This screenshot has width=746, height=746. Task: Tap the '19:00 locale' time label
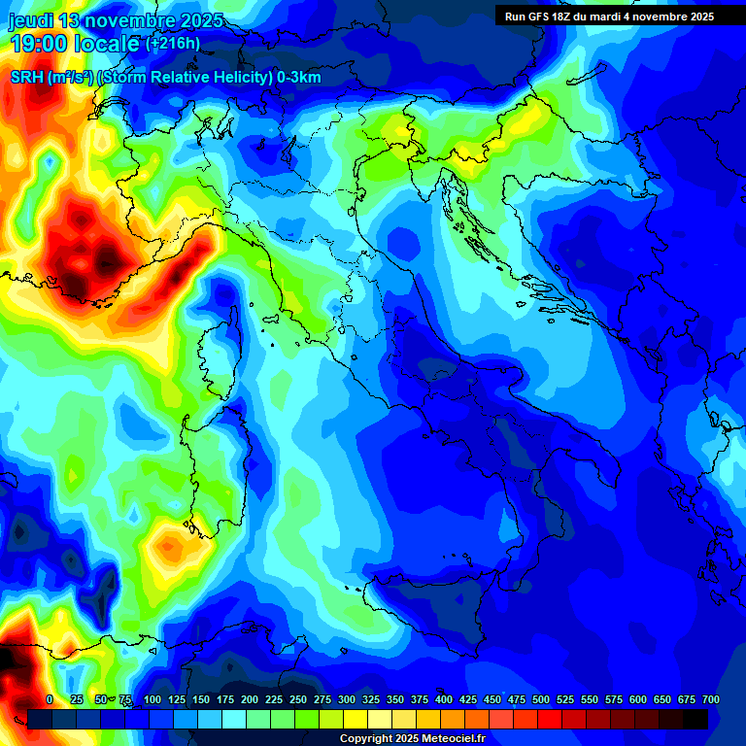pos(74,44)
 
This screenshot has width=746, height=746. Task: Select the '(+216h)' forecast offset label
pos(173,44)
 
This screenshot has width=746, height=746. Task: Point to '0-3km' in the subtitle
pos(299,78)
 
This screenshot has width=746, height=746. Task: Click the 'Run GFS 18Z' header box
pos(609,17)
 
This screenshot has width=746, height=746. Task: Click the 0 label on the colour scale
pos(50,699)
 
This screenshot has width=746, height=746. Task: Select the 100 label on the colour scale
pos(153,699)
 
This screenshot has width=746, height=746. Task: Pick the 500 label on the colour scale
pos(541,699)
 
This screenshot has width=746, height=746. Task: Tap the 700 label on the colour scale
pos(710,699)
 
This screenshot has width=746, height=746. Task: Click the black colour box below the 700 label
pos(695,719)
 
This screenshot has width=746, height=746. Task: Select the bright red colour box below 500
pos(550,719)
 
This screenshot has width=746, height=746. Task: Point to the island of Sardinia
pos(219,466)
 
